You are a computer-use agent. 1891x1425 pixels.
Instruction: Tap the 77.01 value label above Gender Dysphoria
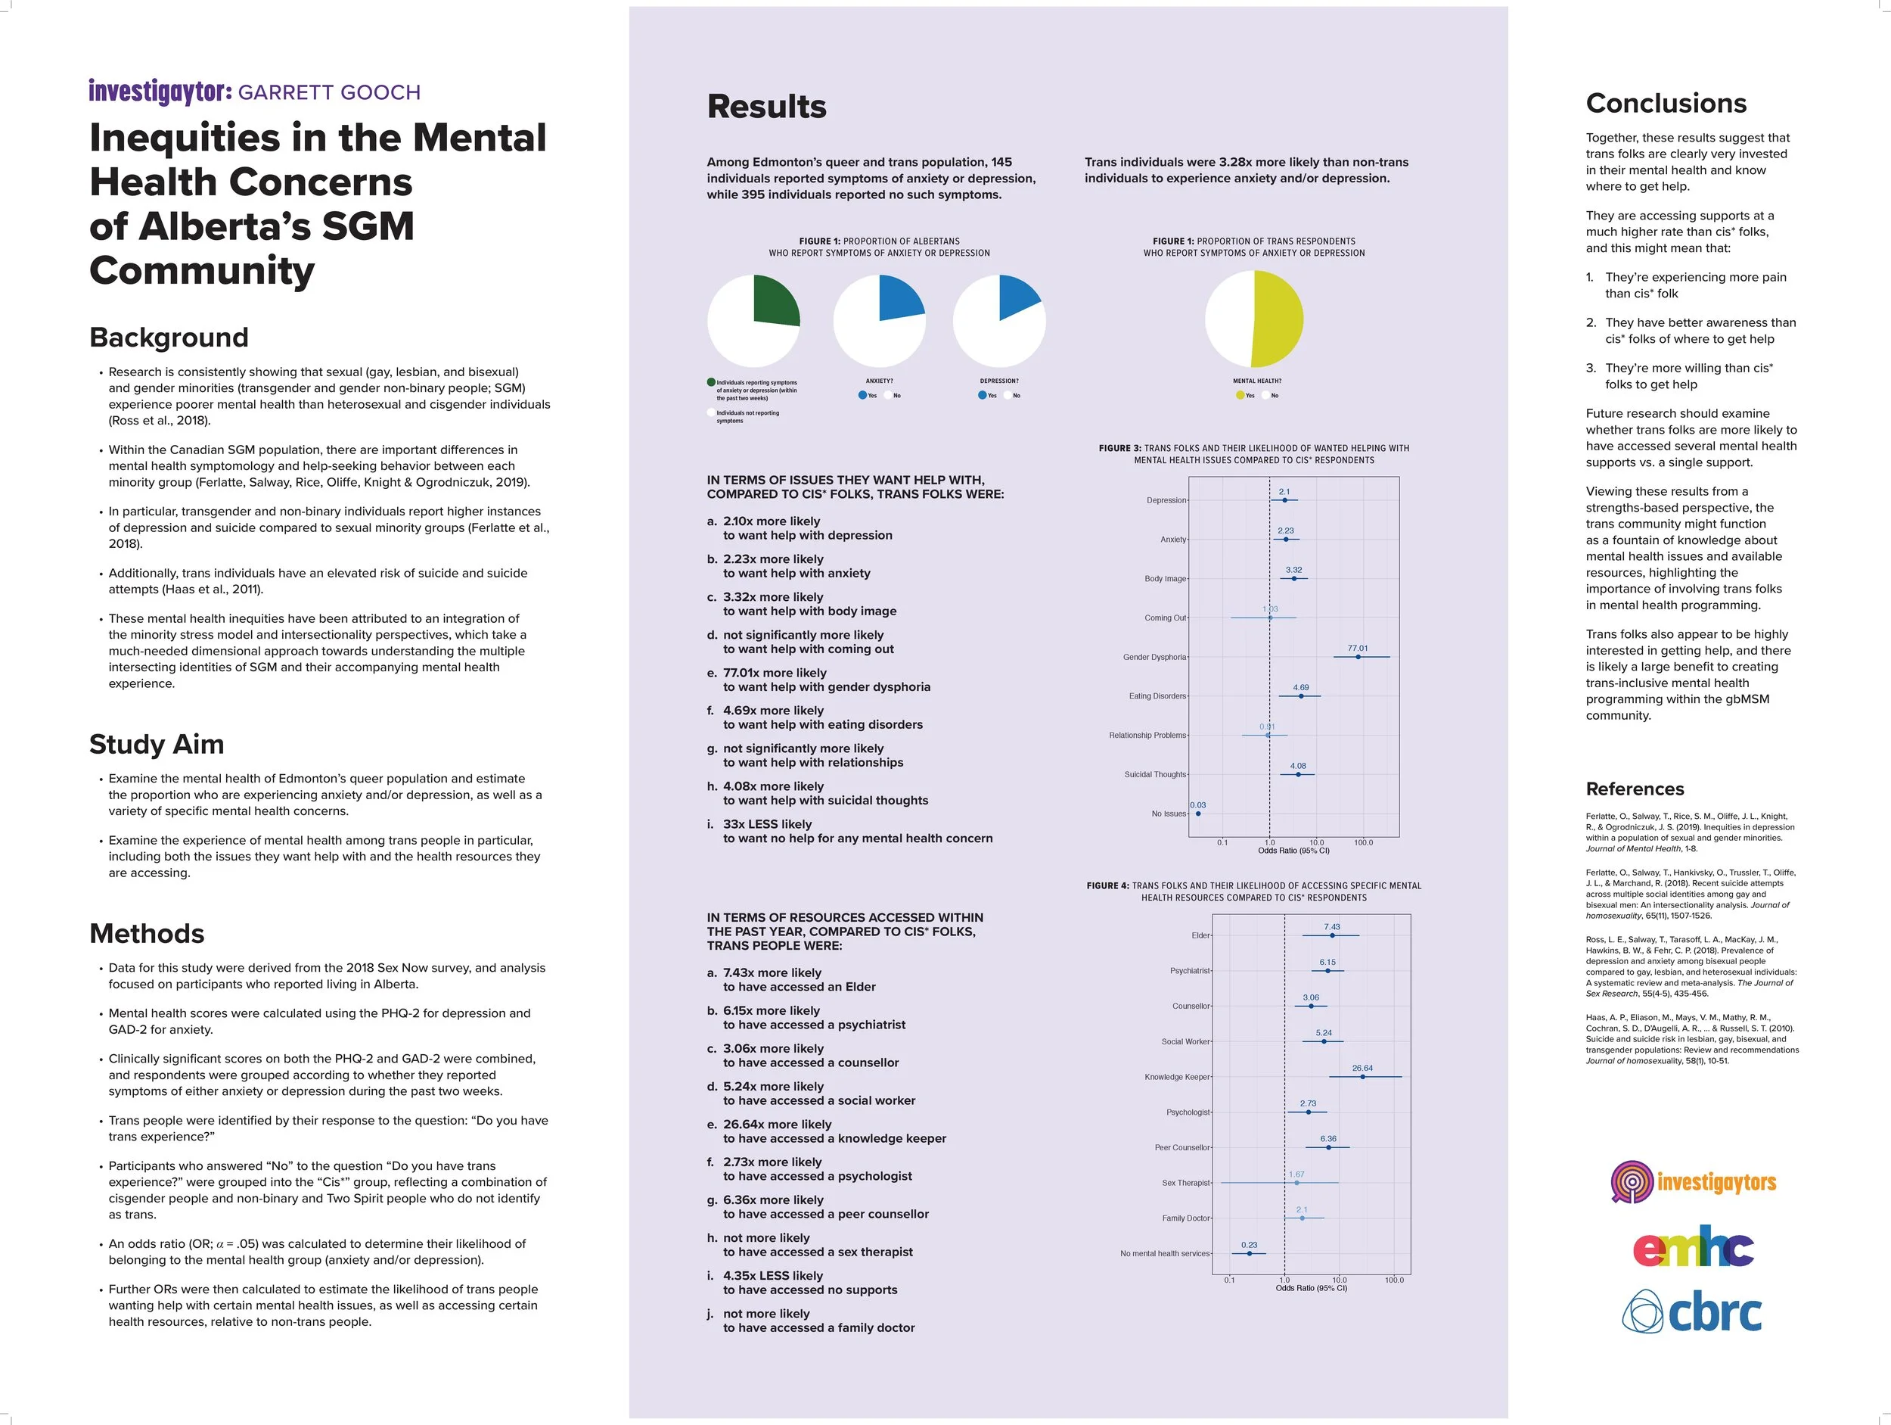coord(1358,649)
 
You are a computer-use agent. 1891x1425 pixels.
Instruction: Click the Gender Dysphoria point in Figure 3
coord(1358,657)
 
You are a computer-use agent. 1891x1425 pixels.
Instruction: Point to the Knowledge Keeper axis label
coord(1177,1077)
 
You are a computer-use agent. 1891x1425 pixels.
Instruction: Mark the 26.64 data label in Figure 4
coord(1363,1069)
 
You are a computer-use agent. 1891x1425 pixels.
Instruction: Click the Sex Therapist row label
coord(1186,1183)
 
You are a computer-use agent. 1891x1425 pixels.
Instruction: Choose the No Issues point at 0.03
coord(1197,814)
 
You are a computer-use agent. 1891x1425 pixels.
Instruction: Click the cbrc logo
coord(1693,1313)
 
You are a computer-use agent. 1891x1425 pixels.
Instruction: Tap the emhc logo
coord(1693,1249)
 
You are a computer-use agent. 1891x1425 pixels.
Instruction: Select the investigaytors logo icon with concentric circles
coord(1631,1182)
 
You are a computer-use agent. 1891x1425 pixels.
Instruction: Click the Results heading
coord(767,107)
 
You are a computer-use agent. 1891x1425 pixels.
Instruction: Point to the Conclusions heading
coord(1666,104)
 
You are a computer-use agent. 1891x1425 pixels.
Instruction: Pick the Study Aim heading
coord(157,744)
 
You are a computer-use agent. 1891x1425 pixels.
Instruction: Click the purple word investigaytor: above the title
coord(160,92)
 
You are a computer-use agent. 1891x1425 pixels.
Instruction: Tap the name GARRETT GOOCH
coord(329,92)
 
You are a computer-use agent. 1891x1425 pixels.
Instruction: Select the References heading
coord(1635,789)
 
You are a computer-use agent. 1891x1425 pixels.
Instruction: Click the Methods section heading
coord(147,933)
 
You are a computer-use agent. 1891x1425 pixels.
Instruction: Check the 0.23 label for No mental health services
coord(1249,1246)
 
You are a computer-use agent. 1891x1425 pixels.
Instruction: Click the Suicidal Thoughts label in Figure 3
coord(1155,775)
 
